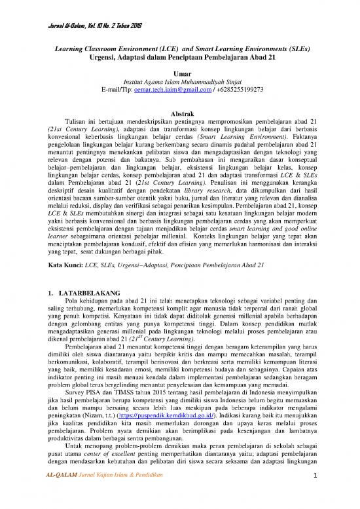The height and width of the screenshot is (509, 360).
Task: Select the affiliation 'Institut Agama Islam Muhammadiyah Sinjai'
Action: pyautogui.click(x=179, y=84)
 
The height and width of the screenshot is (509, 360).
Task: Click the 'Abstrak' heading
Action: pyautogui.click(x=179, y=115)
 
